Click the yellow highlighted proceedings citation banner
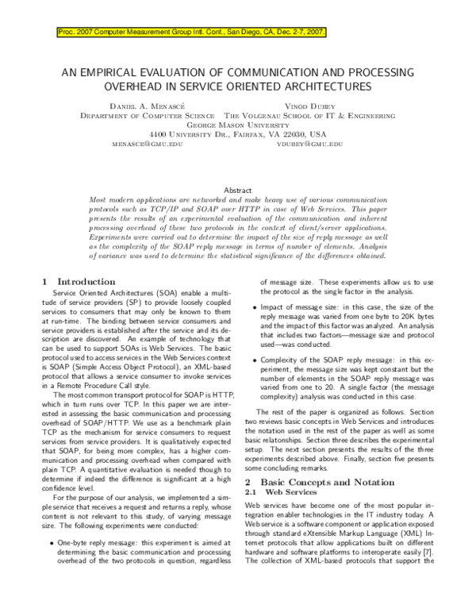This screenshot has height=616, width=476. (190, 33)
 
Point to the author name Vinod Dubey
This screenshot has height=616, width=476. (310, 105)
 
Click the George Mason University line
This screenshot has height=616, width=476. (238, 125)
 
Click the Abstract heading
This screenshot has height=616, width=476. (238, 191)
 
